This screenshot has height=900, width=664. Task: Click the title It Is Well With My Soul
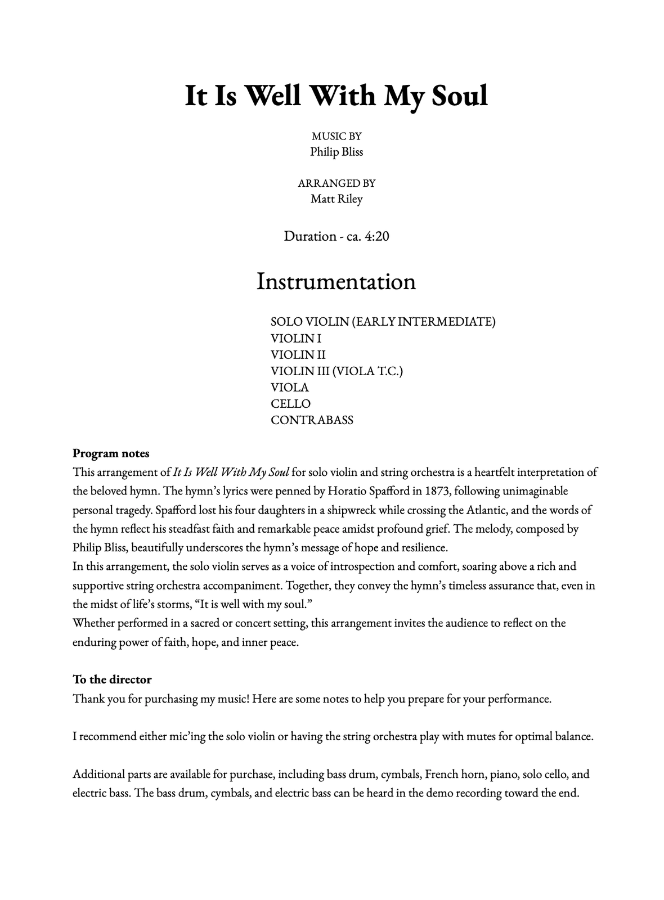pos(336,96)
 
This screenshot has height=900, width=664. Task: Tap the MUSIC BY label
pos(337,136)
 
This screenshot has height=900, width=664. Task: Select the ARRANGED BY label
pos(337,183)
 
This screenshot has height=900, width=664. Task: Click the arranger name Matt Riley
pos(337,199)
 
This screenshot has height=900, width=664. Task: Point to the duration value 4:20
pos(376,236)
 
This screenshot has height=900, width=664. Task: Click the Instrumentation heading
pos(336,281)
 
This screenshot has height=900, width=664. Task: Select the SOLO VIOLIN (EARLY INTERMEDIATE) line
pos(383,322)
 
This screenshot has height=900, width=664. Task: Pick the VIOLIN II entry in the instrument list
pos(298,355)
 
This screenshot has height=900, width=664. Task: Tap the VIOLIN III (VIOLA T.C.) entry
pos(337,371)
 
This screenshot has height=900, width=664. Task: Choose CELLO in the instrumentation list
pos(290,404)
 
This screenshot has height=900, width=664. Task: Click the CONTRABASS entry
pos(312,420)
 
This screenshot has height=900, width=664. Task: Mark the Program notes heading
pos(111,453)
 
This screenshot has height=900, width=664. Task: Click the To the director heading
pos(112,679)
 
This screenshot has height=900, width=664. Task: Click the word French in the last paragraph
pos(442,774)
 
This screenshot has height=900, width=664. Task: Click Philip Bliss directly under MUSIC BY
pos(337,152)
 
